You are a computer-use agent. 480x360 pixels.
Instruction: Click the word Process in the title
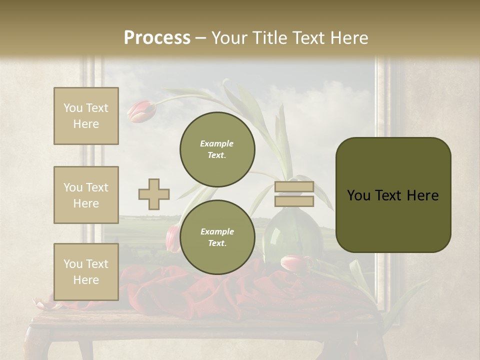pyautogui.click(x=157, y=37)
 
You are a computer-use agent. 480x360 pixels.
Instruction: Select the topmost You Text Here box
pyautogui.click(x=86, y=116)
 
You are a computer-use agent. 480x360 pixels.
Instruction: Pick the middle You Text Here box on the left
pyautogui.click(x=86, y=195)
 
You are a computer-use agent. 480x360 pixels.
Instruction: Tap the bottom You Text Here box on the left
pyautogui.click(x=86, y=271)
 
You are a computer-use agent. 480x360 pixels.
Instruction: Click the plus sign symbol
pyautogui.click(x=154, y=194)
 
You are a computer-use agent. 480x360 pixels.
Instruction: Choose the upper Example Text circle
pyautogui.click(x=217, y=149)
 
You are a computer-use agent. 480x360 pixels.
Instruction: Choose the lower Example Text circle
pyautogui.click(x=217, y=237)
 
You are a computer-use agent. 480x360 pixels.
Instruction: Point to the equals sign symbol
pyautogui.click(x=294, y=194)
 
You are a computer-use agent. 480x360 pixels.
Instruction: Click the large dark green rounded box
pyautogui.click(x=393, y=195)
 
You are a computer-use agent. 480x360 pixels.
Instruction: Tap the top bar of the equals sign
pyautogui.click(x=294, y=187)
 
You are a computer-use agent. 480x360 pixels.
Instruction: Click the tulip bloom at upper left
pyautogui.click(x=140, y=111)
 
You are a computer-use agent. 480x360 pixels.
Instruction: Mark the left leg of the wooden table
pyautogui.click(x=38, y=345)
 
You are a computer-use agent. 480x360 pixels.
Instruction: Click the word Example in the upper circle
pyautogui.click(x=217, y=143)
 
